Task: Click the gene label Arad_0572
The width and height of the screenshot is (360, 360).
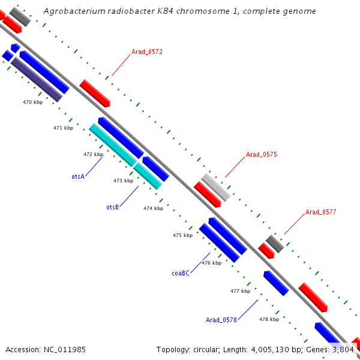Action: [147, 52]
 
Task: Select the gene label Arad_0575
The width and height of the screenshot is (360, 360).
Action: [261, 154]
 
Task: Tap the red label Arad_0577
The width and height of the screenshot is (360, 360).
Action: [320, 212]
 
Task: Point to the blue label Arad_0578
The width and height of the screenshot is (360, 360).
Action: [221, 320]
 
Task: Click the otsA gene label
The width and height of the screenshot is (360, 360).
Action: [78, 176]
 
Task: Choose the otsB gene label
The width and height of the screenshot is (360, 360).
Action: [112, 207]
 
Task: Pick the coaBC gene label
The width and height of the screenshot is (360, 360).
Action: [181, 273]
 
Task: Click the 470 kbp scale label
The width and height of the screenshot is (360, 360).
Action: [33, 103]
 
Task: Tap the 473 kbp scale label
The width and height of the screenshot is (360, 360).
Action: [123, 181]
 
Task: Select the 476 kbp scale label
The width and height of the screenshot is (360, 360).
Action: [211, 263]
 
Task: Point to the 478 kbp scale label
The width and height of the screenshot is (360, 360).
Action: [269, 319]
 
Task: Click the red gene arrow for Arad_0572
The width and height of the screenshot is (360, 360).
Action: [95, 93]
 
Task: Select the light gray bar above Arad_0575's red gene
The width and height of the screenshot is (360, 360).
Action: [215, 187]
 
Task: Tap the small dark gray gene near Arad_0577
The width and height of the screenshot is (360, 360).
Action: [275, 244]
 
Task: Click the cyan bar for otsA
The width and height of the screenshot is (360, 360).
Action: [112, 145]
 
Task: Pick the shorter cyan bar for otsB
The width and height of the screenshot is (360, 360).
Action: [148, 175]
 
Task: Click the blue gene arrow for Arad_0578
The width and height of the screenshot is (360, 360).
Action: [276, 283]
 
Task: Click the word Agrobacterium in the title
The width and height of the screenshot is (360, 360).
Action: [71, 11]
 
